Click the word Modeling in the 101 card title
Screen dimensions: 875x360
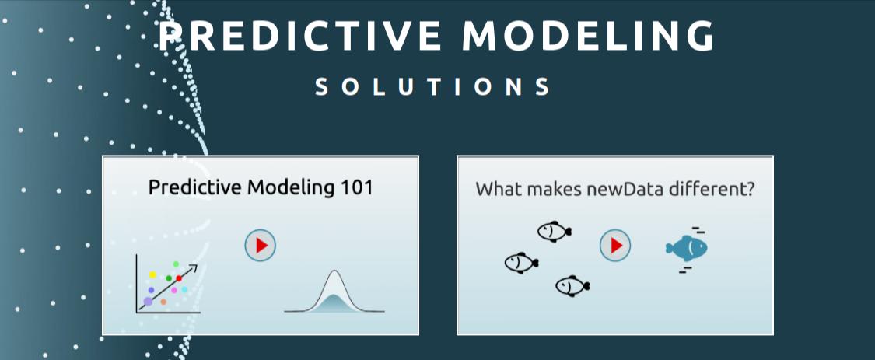291,188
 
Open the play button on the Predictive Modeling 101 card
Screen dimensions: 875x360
260,245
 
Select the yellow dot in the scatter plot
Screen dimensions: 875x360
152,274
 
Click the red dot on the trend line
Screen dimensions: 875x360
179,278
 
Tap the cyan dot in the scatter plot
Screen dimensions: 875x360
184,290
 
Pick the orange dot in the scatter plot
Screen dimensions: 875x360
163,302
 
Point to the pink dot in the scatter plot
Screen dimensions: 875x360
174,290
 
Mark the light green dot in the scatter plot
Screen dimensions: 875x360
176,264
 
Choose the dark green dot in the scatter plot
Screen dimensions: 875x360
169,278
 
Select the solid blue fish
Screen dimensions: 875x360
686,248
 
